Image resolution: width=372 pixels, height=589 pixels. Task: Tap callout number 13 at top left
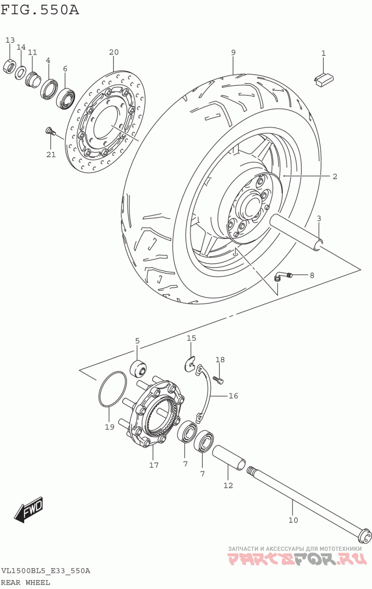point(10,40)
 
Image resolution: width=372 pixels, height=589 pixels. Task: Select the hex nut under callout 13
point(10,67)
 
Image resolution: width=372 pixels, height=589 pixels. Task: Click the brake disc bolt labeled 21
point(50,131)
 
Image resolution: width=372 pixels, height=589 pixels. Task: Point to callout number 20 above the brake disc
point(113,52)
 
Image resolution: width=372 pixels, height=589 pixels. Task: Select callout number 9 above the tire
point(233,52)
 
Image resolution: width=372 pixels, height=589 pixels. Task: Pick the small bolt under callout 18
point(219,379)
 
